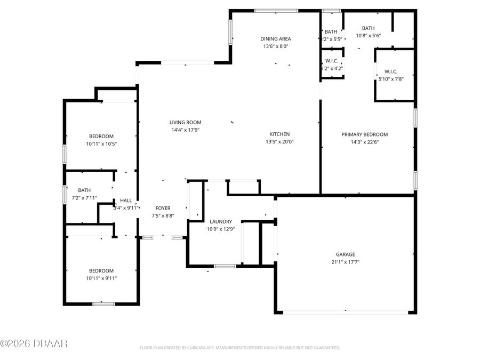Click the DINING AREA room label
(x=276, y=39)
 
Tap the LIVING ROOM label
(x=185, y=122)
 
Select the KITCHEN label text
(x=279, y=134)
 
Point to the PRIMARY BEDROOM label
(x=364, y=134)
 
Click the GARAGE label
(x=345, y=254)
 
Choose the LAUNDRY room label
(x=220, y=221)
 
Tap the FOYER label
(x=163, y=208)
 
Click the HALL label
(x=126, y=201)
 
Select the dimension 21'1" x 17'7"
(x=345, y=262)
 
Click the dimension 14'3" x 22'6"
(x=364, y=142)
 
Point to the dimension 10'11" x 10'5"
(x=101, y=143)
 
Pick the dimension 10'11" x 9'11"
(x=101, y=278)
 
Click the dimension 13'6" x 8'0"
(x=276, y=46)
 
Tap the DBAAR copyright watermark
(x=34, y=343)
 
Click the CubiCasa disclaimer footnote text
(x=239, y=348)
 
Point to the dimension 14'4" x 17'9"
(x=185, y=130)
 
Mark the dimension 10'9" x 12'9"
(x=220, y=229)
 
